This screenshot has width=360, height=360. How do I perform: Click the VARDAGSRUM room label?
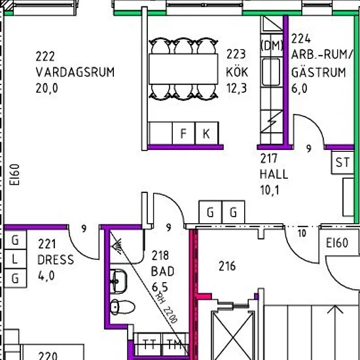pos(75,72)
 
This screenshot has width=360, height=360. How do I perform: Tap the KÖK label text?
pos(237,71)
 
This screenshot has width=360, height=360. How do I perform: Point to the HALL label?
pos(274,174)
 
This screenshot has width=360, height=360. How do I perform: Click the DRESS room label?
pos(56,260)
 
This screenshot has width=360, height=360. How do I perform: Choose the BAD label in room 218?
pos(162,272)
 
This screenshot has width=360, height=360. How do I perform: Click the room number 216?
pos(227,266)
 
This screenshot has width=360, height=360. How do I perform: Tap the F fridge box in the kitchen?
pos(183,133)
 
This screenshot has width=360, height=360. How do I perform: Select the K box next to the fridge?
pos(207,133)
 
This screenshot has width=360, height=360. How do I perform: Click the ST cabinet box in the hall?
pos(342,162)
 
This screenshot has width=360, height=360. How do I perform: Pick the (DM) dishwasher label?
pos(272,45)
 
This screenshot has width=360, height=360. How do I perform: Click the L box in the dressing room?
pos(15,259)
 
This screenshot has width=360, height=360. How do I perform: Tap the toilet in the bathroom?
pos(122,307)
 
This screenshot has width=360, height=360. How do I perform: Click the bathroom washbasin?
pos(118,281)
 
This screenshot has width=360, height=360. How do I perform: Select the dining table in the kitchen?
pos(183,69)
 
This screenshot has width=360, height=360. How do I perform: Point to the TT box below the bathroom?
pos(149,344)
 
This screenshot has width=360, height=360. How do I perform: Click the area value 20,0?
pos(46,88)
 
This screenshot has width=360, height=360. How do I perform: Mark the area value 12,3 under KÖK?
pos(237,88)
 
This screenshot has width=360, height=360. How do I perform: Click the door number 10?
pos(302,233)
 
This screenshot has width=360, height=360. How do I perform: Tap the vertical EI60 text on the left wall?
pos(14,175)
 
